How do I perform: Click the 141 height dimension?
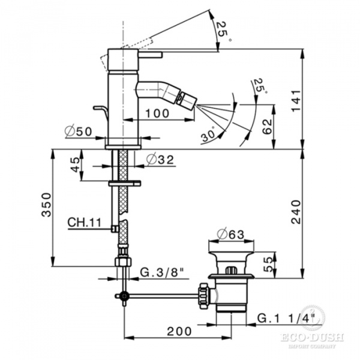click(296, 100)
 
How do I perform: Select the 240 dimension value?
click(296, 212)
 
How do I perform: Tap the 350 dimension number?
click(46, 205)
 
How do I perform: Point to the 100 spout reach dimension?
click(157, 113)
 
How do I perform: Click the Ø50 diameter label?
click(78, 131)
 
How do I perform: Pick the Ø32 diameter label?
click(160, 160)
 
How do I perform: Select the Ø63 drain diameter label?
click(231, 234)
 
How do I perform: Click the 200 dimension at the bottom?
click(179, 331)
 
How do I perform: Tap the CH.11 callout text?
click(85, 222)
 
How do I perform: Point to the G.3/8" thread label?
click(163, 272)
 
